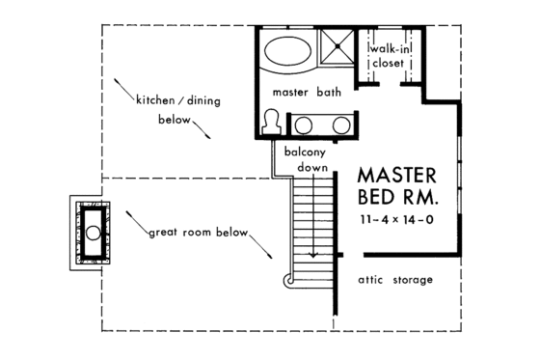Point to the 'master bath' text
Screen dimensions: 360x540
point(307,94)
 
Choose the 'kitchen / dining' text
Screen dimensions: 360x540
point(179,98)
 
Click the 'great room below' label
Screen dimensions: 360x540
point(198,234)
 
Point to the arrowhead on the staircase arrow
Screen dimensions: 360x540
point(313,256)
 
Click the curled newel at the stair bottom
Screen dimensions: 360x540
point(288,280)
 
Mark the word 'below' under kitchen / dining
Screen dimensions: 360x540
point(174,122)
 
